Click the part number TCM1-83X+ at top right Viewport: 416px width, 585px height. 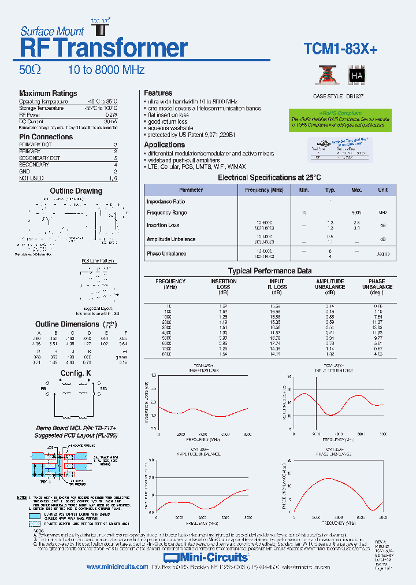coord(340,50)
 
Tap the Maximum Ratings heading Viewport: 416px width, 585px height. coord(48,94)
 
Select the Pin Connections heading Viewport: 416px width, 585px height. coord(46,137)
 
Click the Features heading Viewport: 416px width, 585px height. coord(158,93)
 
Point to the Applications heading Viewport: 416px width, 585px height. coord(165,145)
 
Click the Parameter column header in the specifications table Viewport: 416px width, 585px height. coord(191,190)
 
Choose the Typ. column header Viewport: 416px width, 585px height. coord(330,190)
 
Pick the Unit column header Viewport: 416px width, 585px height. coord(382,190)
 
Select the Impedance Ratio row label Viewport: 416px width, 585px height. coord(166,202)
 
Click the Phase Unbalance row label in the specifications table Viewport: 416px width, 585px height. coord(166,254)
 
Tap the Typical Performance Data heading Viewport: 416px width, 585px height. coord(270,271)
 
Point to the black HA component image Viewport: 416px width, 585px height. coord(356,76)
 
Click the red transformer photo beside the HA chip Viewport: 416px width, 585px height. coord(325,76)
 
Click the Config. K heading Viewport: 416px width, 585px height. coord(76,373)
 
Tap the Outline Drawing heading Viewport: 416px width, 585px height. coord(76,191)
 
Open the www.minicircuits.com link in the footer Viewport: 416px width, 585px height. coord(117,567)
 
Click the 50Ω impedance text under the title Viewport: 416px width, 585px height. coord(30,70)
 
